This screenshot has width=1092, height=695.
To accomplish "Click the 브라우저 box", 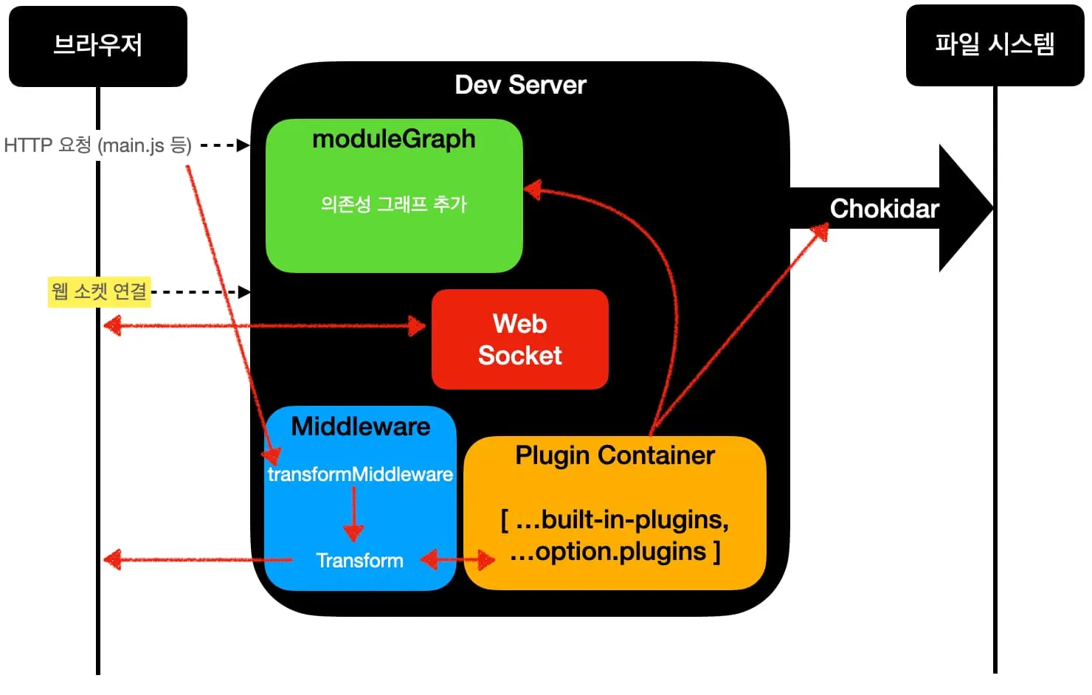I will (x=97, y=46).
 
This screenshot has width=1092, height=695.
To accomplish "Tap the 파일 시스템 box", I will (x=994, y=45).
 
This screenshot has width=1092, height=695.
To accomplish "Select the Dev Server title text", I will (x=520, y=85).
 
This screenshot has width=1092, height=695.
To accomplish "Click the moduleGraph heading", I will (x=393, y=139).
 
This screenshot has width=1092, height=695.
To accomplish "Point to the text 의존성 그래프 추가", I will (x=393, y=204).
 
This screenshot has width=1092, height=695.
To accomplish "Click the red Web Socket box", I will (x=519, y=339).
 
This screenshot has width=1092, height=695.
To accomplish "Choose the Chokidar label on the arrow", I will (x=884, y=209).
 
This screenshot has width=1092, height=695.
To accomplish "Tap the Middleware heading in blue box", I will (x=360, y=426).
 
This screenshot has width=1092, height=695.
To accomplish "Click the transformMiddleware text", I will (x=360, y=474).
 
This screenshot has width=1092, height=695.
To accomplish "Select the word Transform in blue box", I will (x=359, y=561).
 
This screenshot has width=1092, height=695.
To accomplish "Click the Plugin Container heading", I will (x=615, y=455).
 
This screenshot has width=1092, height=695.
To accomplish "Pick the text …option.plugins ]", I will (x=615, y=552).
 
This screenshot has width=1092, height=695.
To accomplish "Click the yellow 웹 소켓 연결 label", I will (x=99, y=291).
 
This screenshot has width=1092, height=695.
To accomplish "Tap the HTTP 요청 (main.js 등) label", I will (x=97, y=145).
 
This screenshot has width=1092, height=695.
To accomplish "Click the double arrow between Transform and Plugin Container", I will (x=457, y=560).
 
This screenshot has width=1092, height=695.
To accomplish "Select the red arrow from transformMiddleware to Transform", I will (x=353, y=514).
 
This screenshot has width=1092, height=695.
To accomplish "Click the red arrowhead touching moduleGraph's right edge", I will (x=533, y=190).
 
